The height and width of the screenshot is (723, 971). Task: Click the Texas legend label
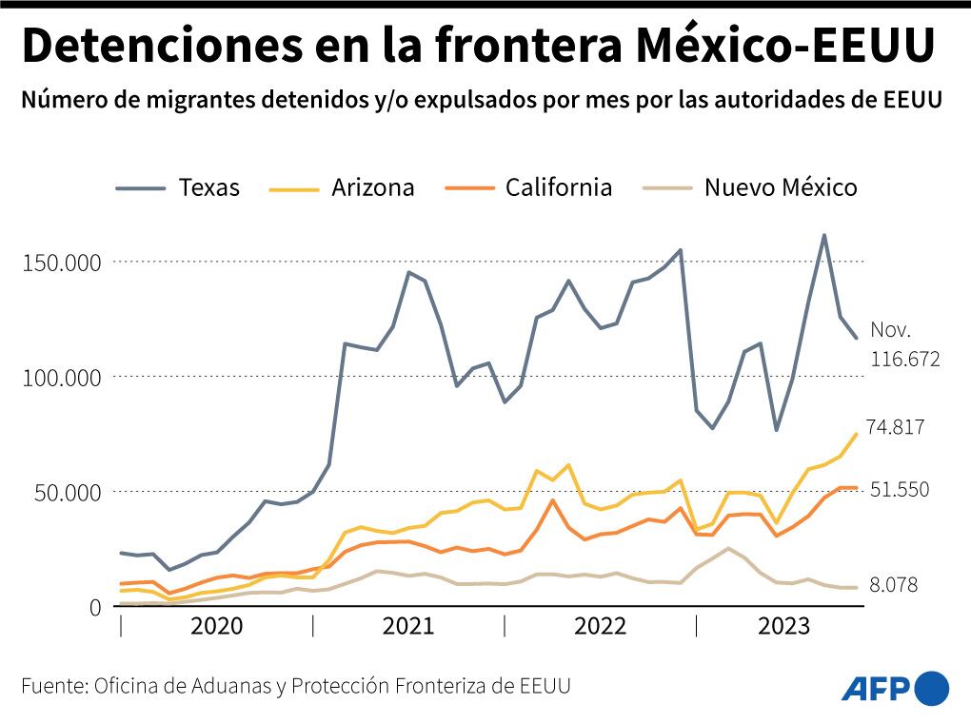click(x=208, y=187)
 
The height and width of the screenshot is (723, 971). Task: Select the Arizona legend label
click(x=372, y=187)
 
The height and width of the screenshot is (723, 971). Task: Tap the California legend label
click(x=558, y=187)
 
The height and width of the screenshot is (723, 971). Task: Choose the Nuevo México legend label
click(x=780, y=187)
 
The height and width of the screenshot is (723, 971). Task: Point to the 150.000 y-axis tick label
click(x=61, y=263)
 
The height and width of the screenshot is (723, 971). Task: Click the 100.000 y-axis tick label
click(x=61, y=378)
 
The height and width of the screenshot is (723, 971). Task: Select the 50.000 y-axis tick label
click(x=66, y=493)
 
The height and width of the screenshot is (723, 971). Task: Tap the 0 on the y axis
click(x=96, y=607)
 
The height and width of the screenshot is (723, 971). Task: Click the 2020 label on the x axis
click(x=216, y=626)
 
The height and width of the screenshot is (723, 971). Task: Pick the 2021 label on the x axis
click(x=407, y=626)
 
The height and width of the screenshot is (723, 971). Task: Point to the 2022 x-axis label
click(x=600, y=626)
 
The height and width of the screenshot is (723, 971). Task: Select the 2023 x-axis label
click(x=783, y=626)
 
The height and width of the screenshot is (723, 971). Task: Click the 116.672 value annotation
click(x=904, y=359)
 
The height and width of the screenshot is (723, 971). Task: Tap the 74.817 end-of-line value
click(x=895, y=427)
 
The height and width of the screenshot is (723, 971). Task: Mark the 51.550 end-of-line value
click(x=899, y=489)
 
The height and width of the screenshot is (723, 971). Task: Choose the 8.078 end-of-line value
click(x=893, y=585)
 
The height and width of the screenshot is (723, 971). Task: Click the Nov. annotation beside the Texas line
click(x=890, y=331)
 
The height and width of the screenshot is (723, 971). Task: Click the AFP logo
click(x=895, y=687)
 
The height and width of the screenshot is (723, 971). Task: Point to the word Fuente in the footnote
click(x=53, y=686)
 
